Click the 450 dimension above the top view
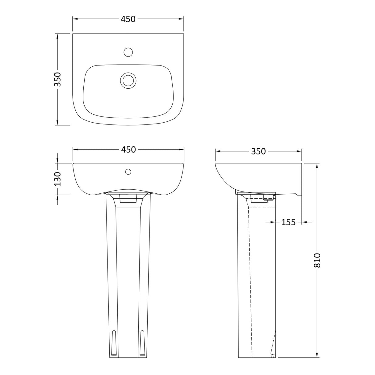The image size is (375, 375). [x=128, y=19]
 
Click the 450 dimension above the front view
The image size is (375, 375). [x=128, y=150]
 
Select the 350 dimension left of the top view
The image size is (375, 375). [x=58, y=79]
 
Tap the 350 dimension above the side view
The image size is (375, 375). [x=258, y=151]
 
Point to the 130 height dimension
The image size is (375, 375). [x=58, y=179]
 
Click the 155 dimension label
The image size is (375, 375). [x=289, y=222]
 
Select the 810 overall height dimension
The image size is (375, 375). [x=318, y=260]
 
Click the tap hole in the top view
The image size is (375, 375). [x=128, y=52]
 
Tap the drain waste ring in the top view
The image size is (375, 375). [x=128, y=80]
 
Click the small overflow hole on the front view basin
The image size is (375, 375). [x=128, y=171]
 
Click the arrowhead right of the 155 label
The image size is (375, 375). [x=305, y=222]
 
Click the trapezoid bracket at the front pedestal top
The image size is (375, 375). [x=128, y=199]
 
